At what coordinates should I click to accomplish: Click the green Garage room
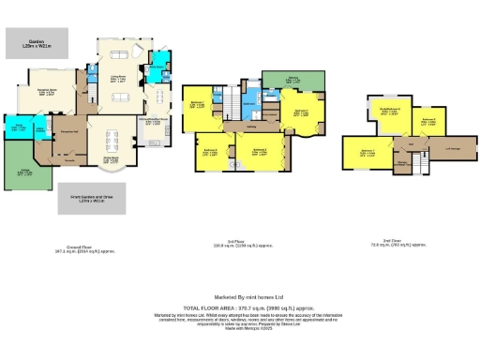coord(18,169)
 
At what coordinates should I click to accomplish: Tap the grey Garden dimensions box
coord(35,41)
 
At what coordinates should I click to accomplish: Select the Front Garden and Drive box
coord(92,199)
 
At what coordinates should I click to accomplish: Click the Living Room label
coord(121,79)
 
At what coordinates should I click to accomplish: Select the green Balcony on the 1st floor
coord(292,82)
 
